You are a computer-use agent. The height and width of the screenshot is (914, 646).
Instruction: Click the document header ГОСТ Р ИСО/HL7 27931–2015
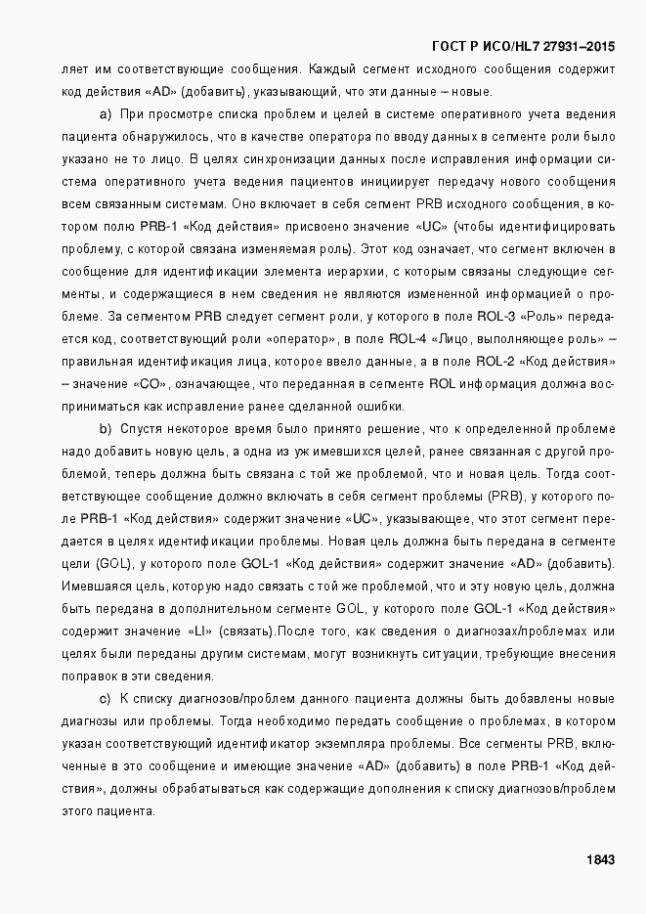tap(523, 47)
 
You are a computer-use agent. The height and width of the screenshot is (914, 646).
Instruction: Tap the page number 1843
tap(599, 860)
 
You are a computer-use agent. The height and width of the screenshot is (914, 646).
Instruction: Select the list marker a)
tap(106, 114)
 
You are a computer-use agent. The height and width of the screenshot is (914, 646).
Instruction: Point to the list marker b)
tap(106, 429)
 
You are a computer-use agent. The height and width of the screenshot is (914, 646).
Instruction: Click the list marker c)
tap(106, 699)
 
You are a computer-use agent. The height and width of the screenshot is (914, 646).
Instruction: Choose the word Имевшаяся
tap(94, 587)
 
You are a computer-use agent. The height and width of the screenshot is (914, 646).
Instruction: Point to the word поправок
tap(93, 676)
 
